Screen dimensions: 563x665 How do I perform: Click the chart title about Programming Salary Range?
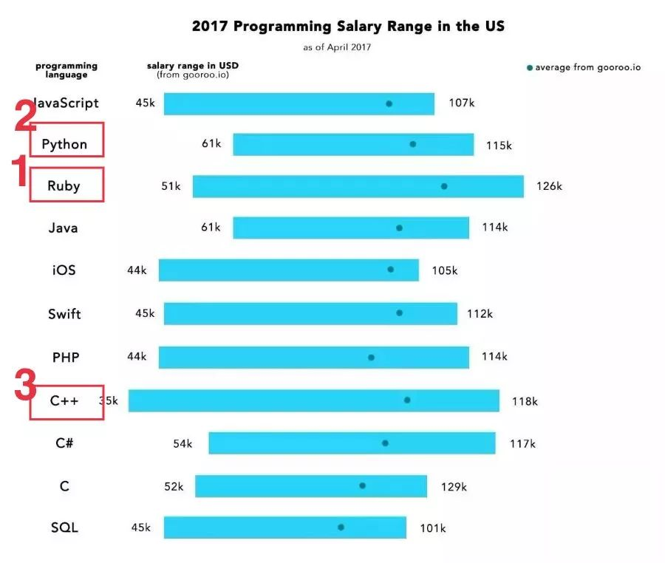(x=348, y=26)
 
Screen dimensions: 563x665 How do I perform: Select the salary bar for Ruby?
(x=358, y=186)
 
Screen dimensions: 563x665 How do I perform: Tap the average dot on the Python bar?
(x=412, y=144)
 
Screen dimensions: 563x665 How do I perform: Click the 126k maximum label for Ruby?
(x=549, y=186)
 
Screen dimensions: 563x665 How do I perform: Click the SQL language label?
(x=64, y=528)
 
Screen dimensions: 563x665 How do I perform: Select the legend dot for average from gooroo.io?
(x=529, y=68)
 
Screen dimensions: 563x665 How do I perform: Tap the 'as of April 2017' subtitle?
(x=348, y=47)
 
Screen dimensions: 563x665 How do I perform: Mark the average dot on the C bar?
(x=362, y=485)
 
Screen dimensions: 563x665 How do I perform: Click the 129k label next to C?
(x=454, y=486)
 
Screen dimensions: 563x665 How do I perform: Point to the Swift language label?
(x=64, y=314)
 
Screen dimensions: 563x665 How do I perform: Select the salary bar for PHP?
(x=313, y=357)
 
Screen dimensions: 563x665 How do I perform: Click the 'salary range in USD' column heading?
(x=192, y=66)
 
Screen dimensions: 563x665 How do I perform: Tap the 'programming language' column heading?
(x=66, y=70)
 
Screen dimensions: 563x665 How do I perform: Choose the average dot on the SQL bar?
(x=341, y=528)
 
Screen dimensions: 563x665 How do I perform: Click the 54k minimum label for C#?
(x=183, y=444)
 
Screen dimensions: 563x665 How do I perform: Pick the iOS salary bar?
(x=288, y=270)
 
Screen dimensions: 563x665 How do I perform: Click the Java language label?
(x=63, y=228)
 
